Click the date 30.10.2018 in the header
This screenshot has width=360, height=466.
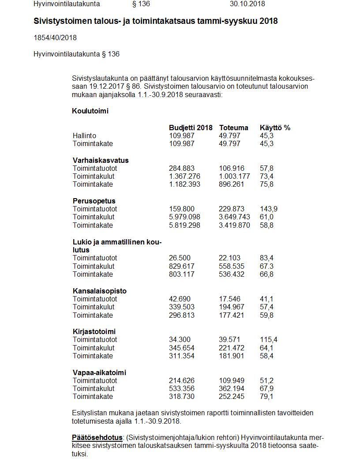pos(247,4)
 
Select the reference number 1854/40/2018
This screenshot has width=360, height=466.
pos(55,38)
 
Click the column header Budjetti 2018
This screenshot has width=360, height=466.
pos(191,128)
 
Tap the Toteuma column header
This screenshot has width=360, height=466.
pos(233,128)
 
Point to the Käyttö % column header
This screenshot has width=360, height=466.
pos(275,128)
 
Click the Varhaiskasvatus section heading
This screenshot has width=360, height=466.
pos(101,160)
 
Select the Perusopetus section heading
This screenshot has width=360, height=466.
pos(94,201)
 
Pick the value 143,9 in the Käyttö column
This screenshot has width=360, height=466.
pos(269,209)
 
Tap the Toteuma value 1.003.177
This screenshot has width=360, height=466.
pos(234,177)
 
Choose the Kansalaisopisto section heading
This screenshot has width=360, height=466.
pos(100,291)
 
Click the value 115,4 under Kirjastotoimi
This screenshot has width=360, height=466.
pos(269,340)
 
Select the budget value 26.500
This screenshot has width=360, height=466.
pos(180,258)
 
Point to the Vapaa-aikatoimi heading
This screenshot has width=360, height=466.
pos(99,372)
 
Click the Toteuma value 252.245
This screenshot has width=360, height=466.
pos(231,397)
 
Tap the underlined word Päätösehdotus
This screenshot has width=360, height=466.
pos(97,437)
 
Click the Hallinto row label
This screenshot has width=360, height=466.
pos(84,135)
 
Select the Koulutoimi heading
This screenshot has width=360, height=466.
pos(90,111)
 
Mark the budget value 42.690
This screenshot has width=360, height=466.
pos(180,299)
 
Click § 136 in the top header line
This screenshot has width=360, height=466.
pos(141,4)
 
